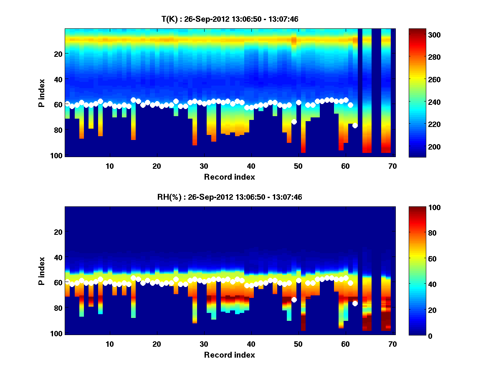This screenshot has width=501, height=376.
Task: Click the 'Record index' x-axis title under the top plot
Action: pyautogui.click(x=229, y=177)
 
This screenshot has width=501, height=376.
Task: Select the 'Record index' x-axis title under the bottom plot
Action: pyautogui.click(x=229, y=355)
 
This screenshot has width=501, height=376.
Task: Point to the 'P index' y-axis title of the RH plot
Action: pyautogui.click(x=42, y=271)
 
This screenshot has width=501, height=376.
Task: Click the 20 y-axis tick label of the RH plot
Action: pyautogui.click(x=58, y=232)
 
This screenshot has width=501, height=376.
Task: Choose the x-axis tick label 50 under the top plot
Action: pyautogui.click(x=298, y=166)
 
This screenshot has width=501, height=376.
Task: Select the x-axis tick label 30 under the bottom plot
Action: pyautogui.click(x=204, y=344)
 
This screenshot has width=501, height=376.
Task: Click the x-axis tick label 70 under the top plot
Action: pyautogui.click(x=392, y=166)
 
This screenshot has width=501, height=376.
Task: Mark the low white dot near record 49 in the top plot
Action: pyautogui.click(x=294, y=122)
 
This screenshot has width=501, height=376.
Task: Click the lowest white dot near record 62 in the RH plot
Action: pyautogui.click(x=355, y=303)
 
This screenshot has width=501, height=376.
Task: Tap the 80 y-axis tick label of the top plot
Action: pyautogui.click(x=58, y=130)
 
